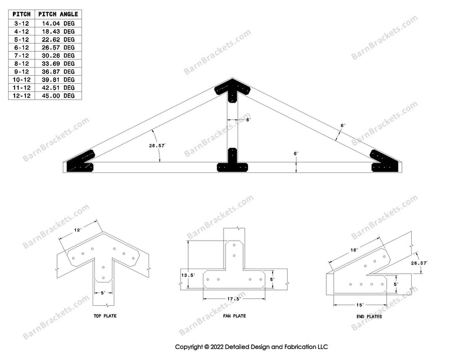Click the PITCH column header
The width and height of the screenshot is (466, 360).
pyautogui.click(x=22, y=13)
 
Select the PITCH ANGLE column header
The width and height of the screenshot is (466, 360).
pyautogui.click(x=58, y=13)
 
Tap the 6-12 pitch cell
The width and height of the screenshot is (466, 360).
pyautogui.click(x=22, y=47)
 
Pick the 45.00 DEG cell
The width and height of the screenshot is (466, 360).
pyautogui.click(x=61, y=96)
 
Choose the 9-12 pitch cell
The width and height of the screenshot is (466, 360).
pyautogui.click(x=22, y=71)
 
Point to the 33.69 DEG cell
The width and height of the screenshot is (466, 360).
pyautogui.click(x=61, y=63)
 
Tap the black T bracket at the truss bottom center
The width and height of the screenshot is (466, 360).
pyautogui.click(x=232, y=163)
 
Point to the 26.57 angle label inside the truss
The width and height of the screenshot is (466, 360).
pyautogui.click(x=156, y=146)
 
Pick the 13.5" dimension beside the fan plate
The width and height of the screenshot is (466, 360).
pyautogui.click(x=188, y=274)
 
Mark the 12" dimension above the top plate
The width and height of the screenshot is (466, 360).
pyautogui.click(x=77, y=230)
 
